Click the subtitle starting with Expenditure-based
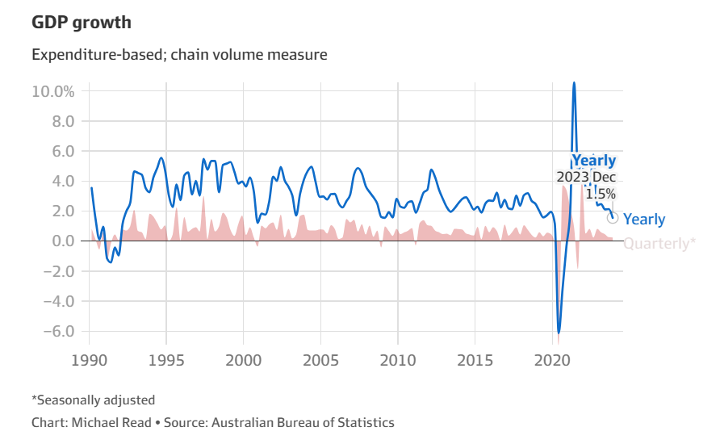click(x=179, y=56)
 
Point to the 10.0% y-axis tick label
click(x=53, y=91)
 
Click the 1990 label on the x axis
click(x=89, y=358)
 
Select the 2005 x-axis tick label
click(x=320, y=358)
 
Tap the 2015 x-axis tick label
click(x=475, y=358)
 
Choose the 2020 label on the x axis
click(x=553, y=358)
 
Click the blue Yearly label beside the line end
click(x=644, y=220)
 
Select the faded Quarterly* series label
click(x=659, y=243)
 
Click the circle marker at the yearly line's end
click(x=613, y=218)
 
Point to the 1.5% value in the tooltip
click(x=601, y=194)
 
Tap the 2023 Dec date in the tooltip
click(x=587, y=178)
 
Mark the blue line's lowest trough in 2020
click(x=558, y=332)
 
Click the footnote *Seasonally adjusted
click(x=93, y=400)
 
